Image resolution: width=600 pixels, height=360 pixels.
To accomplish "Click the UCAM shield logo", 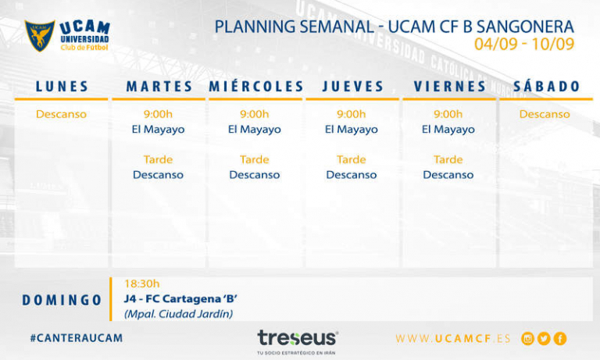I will click(40, 35).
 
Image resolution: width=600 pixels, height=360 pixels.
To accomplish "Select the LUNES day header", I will click(62, 87).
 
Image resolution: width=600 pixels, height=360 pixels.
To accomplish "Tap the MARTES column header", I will click(159, 87).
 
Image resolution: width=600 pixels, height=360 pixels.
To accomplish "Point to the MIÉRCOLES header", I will click(255, 87).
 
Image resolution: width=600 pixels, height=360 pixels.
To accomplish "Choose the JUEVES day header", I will click(352, 87).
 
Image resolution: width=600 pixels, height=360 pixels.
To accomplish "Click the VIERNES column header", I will click(449, 87).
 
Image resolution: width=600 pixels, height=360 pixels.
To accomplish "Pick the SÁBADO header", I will click(546, 87).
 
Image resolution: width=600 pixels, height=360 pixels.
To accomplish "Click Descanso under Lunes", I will click(62, 114).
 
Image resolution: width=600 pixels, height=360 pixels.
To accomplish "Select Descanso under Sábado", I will click(545, 114).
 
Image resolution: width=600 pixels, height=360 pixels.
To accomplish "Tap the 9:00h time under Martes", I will click(158, 114).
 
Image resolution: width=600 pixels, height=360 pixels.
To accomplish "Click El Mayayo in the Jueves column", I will click(352, 130).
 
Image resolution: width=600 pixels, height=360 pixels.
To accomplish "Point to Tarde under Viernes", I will click(448, 159).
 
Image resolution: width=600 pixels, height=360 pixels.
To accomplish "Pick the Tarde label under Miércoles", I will click(255, 159).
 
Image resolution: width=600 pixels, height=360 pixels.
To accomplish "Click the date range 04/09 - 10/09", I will click(524, 45).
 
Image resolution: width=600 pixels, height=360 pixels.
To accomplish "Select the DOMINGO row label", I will click(62, 300).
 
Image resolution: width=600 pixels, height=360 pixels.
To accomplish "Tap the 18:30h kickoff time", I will click(141, 283).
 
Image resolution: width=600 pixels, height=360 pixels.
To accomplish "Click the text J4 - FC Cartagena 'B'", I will click(180, 298).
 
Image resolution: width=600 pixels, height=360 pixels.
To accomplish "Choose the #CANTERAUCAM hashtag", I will click(76, 338).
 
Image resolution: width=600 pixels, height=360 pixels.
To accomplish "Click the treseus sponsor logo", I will click(298, 338).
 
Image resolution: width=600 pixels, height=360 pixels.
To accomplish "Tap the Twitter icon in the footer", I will click(544, 338).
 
